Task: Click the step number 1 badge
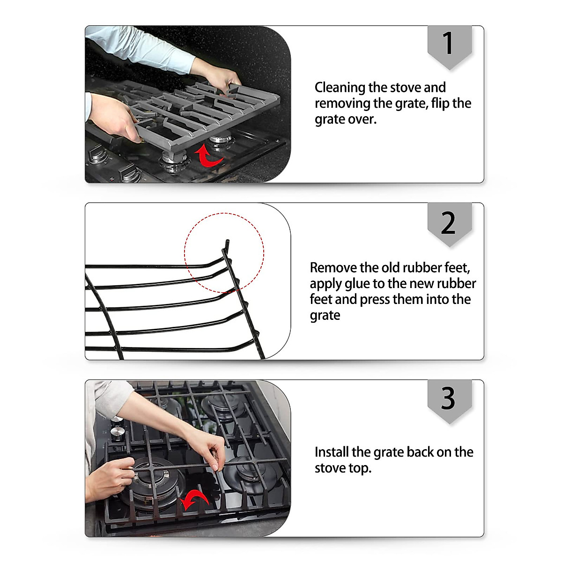click(449, 45)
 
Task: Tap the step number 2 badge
click(449, 223)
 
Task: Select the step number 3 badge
click(449, 399)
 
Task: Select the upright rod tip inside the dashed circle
click(228, 244)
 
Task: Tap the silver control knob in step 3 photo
click(118, 432)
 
